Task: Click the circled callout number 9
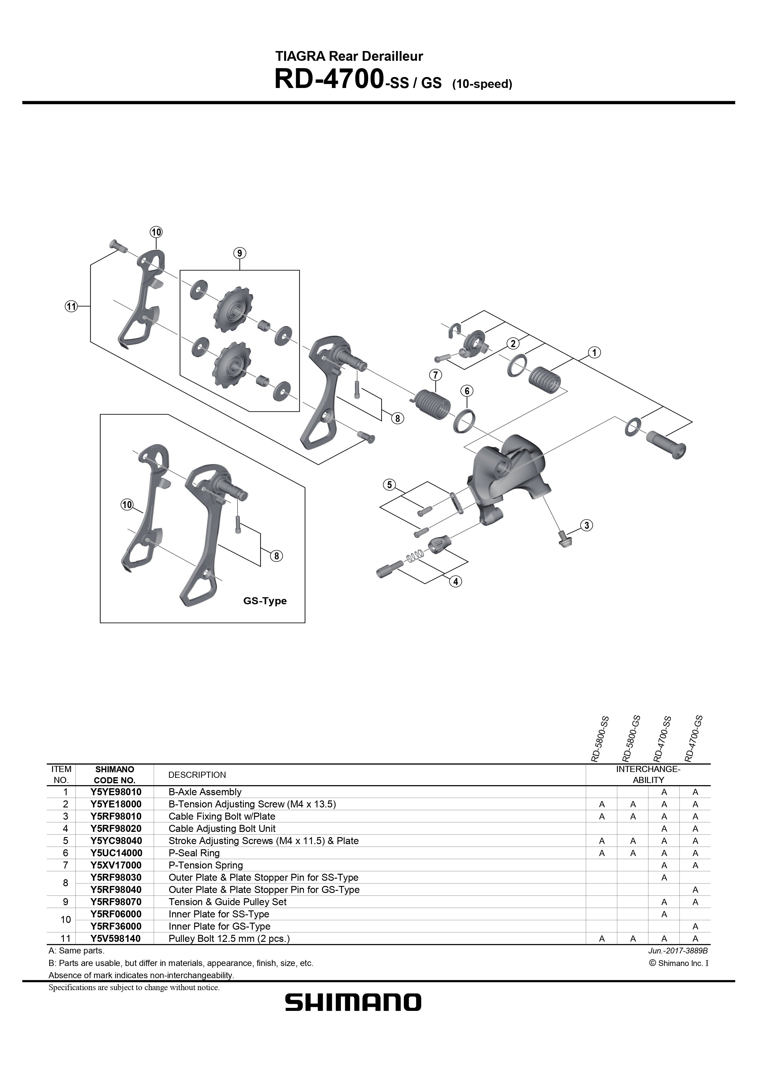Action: [239, 254]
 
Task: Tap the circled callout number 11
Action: [71, 306]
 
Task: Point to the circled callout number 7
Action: [435, 375]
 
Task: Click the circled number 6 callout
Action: [467, 390]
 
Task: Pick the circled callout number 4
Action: [455, 581]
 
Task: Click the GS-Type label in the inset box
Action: [265, 601]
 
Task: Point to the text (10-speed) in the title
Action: [482, 85]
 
